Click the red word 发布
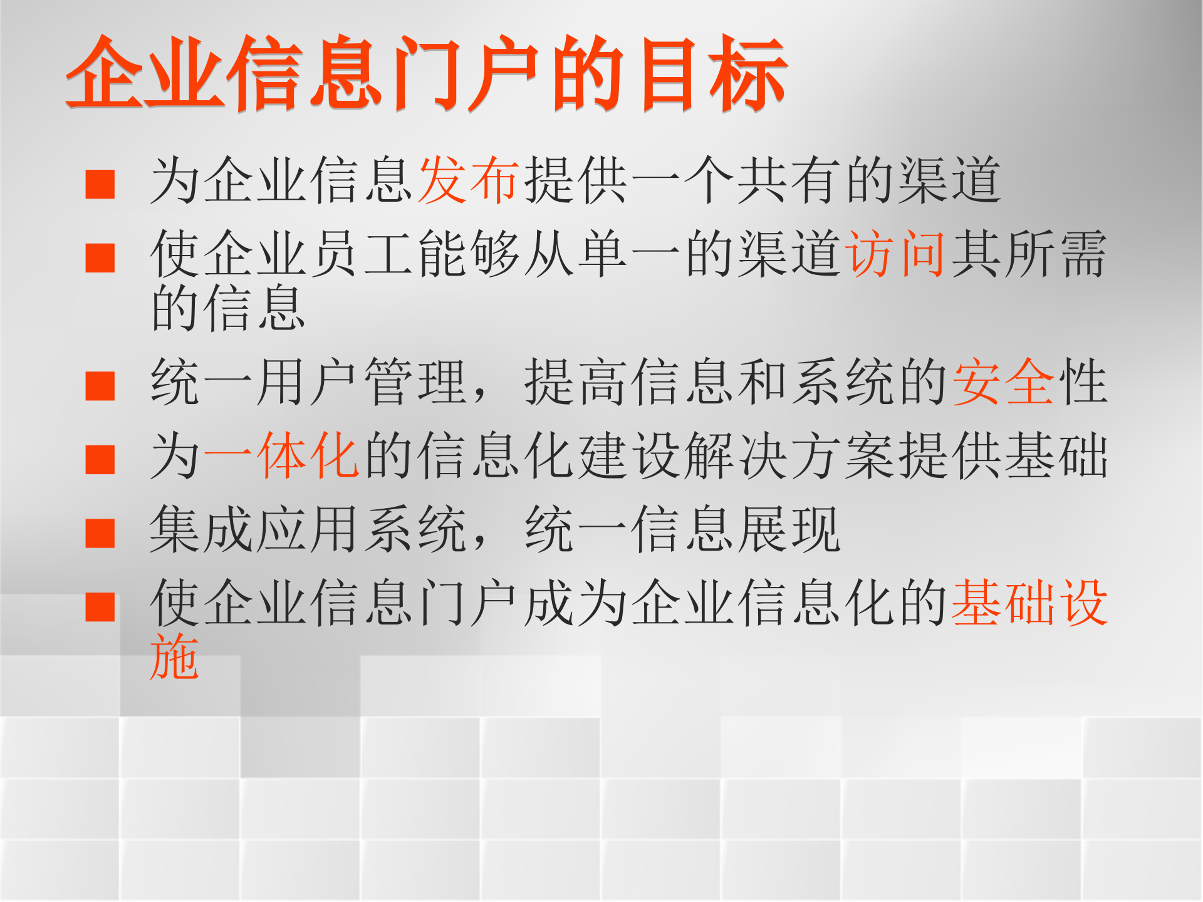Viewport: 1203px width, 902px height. (x=469, y=180)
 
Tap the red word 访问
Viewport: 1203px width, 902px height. (x=896, y=254)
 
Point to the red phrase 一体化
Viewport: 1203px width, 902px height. (x=282, y=455)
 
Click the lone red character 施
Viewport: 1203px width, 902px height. (x=175, y=656)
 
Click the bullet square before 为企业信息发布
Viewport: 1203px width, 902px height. (x=100, y=184)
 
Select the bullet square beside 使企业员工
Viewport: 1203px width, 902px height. (x=100, y=257)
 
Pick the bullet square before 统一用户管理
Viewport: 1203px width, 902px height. (x=100, y=385)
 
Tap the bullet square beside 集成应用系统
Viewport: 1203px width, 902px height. (x=100, y=533)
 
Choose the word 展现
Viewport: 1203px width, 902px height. (x=789, y=530)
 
